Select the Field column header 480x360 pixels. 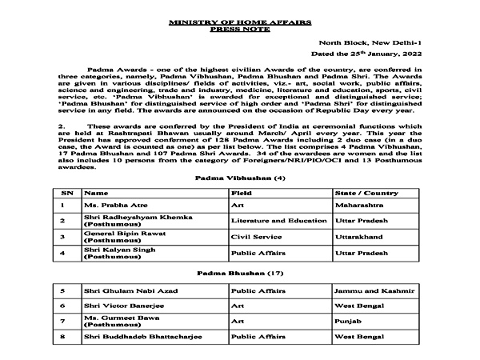click(242, 193)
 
